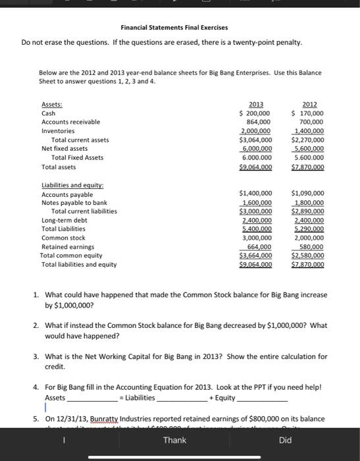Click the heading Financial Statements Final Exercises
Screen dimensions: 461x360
174,28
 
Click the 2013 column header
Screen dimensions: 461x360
256,104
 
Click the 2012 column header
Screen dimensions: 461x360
309,104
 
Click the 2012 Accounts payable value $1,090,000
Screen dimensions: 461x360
307,194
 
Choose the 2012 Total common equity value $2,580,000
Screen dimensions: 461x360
307,256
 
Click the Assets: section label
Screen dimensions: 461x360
52,104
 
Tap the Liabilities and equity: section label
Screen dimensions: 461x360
72,186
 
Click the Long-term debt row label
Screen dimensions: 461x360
64,221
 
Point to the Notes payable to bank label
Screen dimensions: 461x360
74,203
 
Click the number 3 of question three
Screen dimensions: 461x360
36,356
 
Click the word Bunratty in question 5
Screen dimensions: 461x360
98,418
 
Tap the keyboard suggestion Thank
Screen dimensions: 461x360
174,440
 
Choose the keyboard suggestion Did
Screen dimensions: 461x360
285,440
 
